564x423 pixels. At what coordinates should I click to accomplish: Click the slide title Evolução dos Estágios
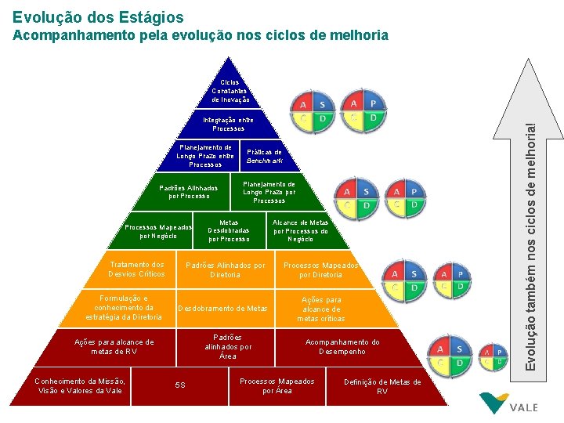(98, 16)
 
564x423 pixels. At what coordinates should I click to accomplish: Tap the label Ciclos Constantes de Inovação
(230, 91)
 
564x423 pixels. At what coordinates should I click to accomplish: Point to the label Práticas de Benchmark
(264, 156)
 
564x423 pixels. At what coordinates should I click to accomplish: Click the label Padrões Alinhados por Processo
(189, 192)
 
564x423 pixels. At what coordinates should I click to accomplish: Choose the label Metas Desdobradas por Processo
(229, 230)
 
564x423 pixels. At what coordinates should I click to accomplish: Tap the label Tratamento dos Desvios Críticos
(136, 269)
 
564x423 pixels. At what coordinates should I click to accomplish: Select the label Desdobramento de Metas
(223, 309)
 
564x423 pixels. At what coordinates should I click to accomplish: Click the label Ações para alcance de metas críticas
(321, 309)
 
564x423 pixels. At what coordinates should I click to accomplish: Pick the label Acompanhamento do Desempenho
(342, 346)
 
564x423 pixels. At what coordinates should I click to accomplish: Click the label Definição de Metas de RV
(382, 386)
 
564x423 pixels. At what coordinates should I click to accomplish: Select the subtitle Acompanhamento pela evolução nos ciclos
(200, 35)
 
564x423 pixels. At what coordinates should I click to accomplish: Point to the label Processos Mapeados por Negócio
(158, 231)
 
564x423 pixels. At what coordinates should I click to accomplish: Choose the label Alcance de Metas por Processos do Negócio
(300, 230)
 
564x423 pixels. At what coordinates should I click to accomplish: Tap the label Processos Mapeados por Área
(277, 385)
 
